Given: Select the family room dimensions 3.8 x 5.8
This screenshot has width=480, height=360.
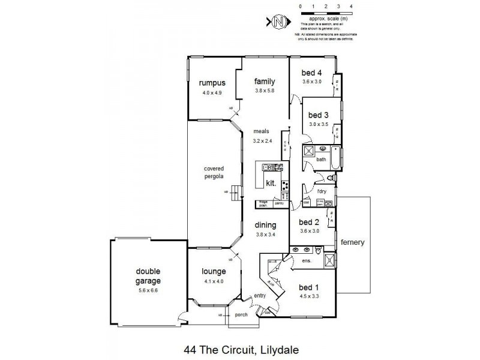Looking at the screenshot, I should click(264, 91).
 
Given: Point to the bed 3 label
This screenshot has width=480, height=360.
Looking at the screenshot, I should click(318, 115).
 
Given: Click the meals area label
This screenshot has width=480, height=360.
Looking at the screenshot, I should click(261, 131).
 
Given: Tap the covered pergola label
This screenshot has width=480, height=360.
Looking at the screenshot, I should click(214, 173).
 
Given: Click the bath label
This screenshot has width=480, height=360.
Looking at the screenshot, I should click(321, 160).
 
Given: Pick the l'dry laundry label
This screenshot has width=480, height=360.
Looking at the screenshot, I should click(322, 191).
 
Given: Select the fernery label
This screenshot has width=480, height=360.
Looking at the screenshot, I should click(353, 242).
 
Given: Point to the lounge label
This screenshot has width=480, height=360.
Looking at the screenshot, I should click(213, 271).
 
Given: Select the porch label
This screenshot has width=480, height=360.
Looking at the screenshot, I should click(241, 314).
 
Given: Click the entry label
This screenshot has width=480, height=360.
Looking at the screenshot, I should click(259, 296).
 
